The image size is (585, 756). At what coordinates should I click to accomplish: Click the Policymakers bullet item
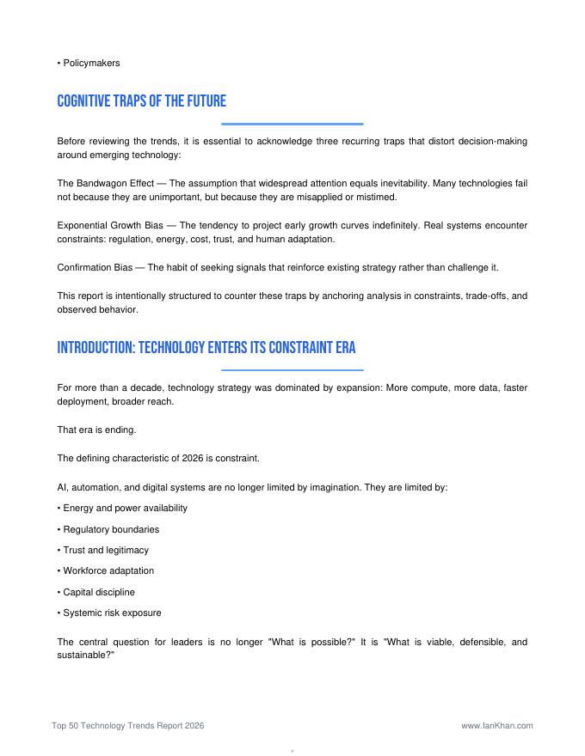pyautogui.click(x=89, y=63)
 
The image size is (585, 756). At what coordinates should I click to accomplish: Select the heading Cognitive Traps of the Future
pyautogui.click(x=141, y=102)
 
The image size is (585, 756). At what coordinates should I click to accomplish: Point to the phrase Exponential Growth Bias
pyautogui.click(x=110, y=225)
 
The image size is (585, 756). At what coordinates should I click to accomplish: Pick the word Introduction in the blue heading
pyautogui.click(x=94, y=348)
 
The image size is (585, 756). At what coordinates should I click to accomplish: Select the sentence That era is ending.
pyautogui.click(x=96, y=430)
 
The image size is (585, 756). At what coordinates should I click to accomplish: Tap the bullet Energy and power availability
pyautogui.click(x=125, y=508)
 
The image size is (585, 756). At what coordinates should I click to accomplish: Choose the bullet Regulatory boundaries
pyautogui.click(x=111, y=529)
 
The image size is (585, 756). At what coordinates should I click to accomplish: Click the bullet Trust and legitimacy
pyautogui.click(x=105, y=550)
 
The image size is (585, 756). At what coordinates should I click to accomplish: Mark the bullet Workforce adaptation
pyautogui.click(x=108, y=570)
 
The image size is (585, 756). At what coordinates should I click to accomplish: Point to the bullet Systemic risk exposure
pyautogui.click(x=112, y=613)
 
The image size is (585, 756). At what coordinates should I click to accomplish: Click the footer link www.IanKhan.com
pyautogui.click(x=497, y=725)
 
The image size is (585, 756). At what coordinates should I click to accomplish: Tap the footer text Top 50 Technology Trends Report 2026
pyautogui.click(x=127, y=725)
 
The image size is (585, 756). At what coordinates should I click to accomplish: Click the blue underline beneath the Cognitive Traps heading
pyautogui.click(x=292, y=125)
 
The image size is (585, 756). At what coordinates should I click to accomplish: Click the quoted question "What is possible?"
pyautogui.click(x=312, y=642)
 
